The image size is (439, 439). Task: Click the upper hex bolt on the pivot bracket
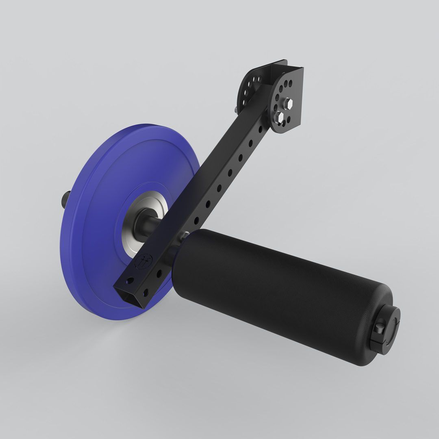[289, 104]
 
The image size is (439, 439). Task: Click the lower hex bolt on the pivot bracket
[280, 117]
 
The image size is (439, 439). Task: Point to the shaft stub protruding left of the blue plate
[65, 200]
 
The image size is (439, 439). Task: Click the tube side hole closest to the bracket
[261, 129]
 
